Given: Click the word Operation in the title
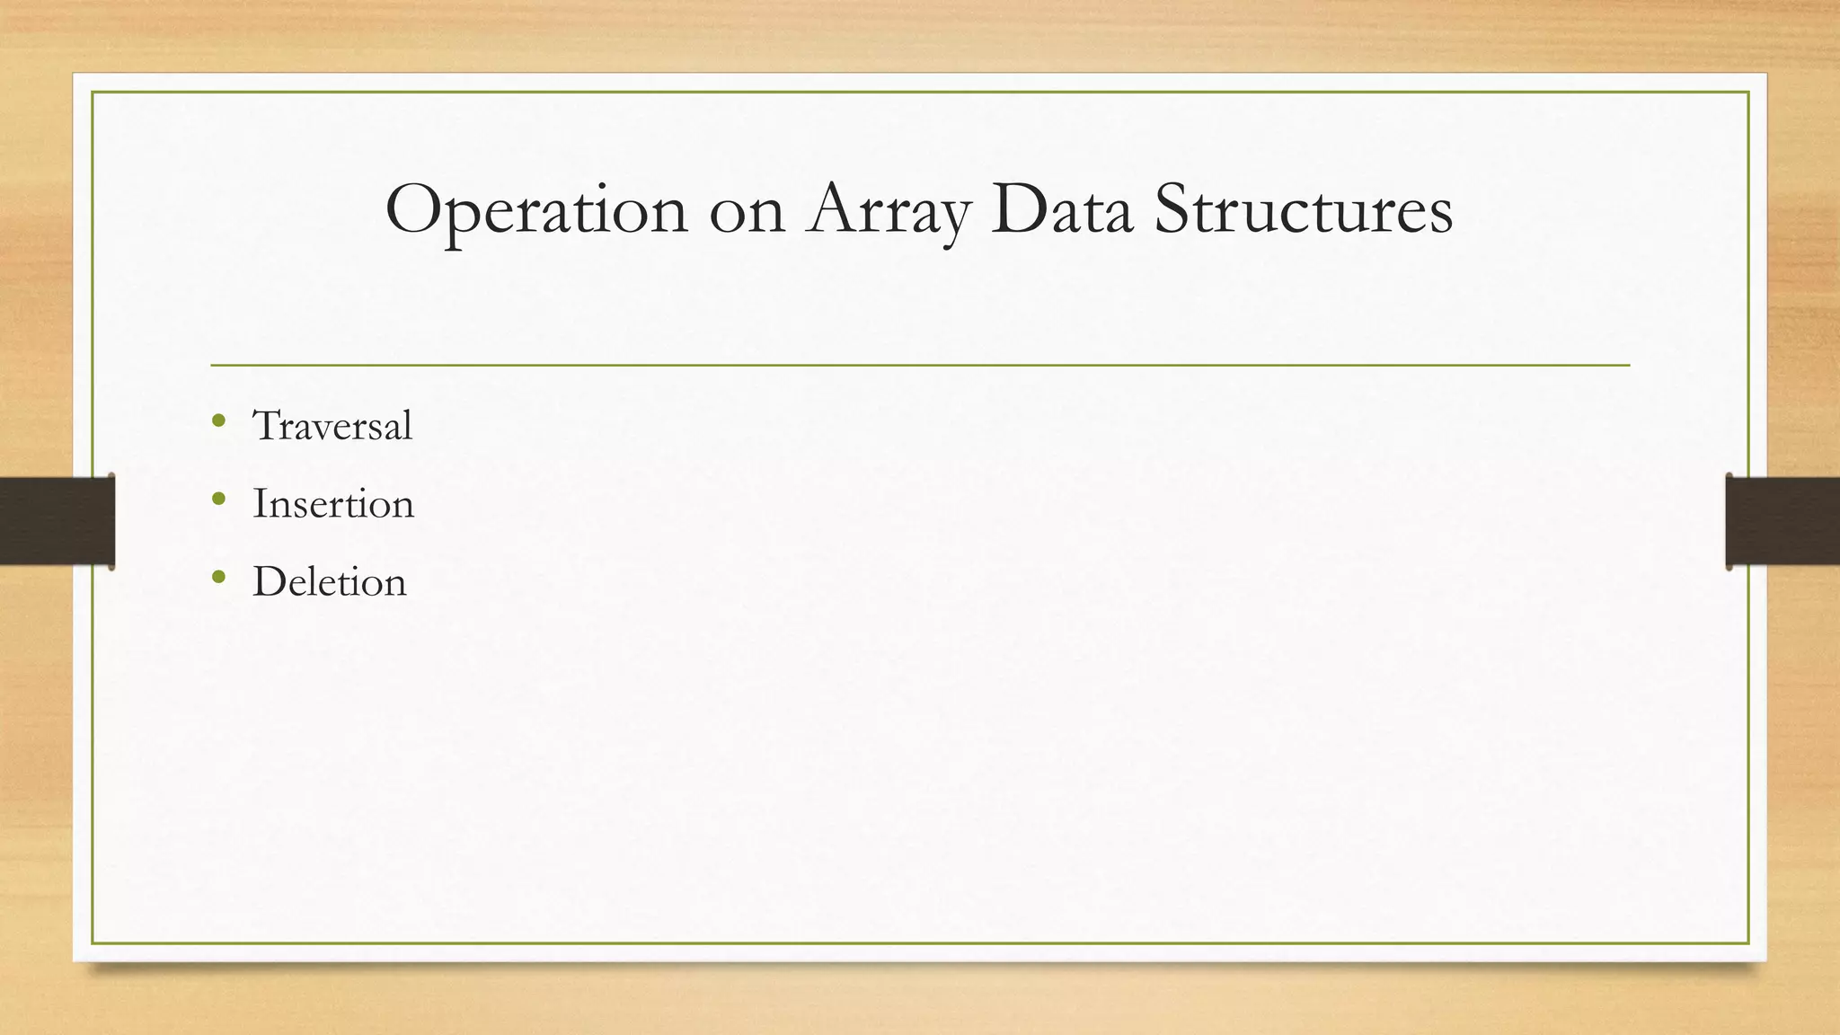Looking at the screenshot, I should pyautogui.click(x=536, y=211).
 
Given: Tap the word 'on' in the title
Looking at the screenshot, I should pyautogui.click(x=747, y=216).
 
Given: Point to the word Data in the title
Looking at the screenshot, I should pyautogui.click(x=1061, y=210).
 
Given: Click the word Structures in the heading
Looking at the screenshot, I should pyautogui.click(x=1304, y=210).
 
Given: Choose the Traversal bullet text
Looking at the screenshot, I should pyautogui.click(x=332, y=425).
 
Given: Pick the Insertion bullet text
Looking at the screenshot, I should pyautogui.click(x=333, y=503).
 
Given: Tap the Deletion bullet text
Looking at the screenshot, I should pyautogui.click(x=330, y=581).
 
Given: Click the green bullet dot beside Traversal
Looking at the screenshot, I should pyautogui.click(x=218, y=420).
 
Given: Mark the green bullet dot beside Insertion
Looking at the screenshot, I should pyautogui.click(x=218, y=499).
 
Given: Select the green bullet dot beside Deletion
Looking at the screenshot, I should pyautogui.click(x=218, y=577).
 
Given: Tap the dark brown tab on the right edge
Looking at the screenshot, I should pyautogui.click(x=1782, y=521).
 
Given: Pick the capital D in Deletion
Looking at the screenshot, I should pyautogui.click(x=270, y=581).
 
